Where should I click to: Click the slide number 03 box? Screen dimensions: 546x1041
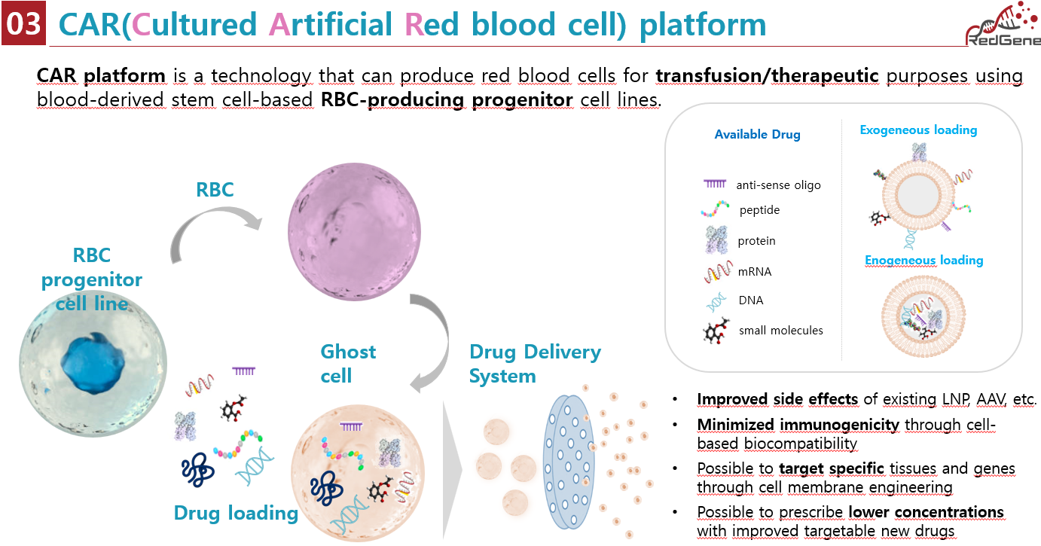(x=23, y=23)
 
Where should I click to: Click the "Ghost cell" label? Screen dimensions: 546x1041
(x=348, y=363)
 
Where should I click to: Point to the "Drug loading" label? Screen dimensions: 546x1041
(x=236, y=513)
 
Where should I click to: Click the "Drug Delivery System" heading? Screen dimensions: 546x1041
(x=535, y=364)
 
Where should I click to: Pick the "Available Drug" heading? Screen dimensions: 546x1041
(x=757, y=135)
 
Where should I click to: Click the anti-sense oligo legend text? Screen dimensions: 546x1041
(x=778, y=185)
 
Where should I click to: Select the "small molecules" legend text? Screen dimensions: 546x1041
(x=780, y=330)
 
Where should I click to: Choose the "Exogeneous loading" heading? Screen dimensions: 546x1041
(x=918, y=130)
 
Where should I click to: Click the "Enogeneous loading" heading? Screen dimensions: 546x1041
(x=923, y=260)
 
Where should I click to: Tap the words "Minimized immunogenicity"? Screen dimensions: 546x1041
(x=798, y=425)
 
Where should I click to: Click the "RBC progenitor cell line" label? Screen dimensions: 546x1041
(x=91, y=280)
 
